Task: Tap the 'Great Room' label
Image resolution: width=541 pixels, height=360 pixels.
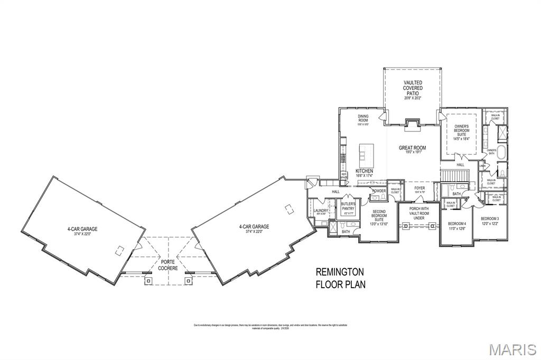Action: click(x=412, y=150)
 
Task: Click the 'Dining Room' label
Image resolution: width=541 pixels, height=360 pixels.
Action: click(x=363, y=119)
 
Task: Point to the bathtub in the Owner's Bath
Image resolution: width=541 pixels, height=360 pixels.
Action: click(x=502, y=155)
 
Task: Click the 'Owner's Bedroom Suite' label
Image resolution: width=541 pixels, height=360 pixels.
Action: click(x=462, y=132)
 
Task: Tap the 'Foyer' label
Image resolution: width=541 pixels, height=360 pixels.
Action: click(x=419, y=190)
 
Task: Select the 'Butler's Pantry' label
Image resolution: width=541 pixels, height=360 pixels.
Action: click(x=348, y=207)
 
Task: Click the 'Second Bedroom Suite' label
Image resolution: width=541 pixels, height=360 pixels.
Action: click(x=379, y=217)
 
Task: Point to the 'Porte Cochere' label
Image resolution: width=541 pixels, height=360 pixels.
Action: click(x=168, y=264)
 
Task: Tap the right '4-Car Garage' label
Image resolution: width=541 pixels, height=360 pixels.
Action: click(x=254, y=229)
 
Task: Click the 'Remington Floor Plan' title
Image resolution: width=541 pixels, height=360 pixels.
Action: click(x=340, y=278)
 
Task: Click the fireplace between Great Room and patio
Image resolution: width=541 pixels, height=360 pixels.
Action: click(x=412, y=125)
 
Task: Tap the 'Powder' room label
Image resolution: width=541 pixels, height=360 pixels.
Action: click(x=379, y=191)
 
